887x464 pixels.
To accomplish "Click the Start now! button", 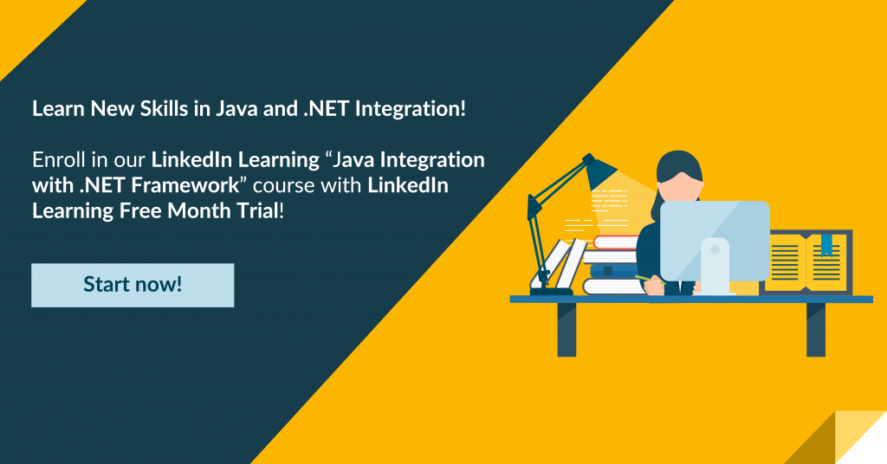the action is pyautogui.click(x=133, y=285).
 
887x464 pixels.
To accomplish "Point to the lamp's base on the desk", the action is pyautogui.click(x=552, y=291).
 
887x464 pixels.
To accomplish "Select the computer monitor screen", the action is pyautogui.click(x=715, y=241).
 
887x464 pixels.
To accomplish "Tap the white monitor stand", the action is pyautogui.click(x=715, y=266).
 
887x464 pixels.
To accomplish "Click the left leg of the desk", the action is pyautogui.click(x=567, y=330).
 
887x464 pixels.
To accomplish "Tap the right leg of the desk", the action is pyautogui.click(x=816, y=330).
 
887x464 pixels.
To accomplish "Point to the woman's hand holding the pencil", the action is pyautogui.click(x=655, y=286).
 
